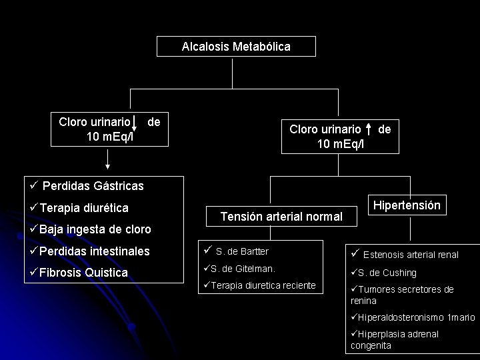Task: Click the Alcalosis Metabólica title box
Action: tap(236, 47)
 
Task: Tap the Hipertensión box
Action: tap(407, 205)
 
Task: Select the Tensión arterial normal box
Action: tap(281, 217)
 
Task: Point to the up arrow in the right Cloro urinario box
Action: tap(369, 131)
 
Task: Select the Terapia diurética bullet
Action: tap(83, 207)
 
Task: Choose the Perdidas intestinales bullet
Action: tap(94, 252)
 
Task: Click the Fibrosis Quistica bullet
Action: tap(83, 273)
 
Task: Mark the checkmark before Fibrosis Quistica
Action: tap(33, 273)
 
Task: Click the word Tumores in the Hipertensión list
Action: tap(377, 289)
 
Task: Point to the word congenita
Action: tap(371, 345)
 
